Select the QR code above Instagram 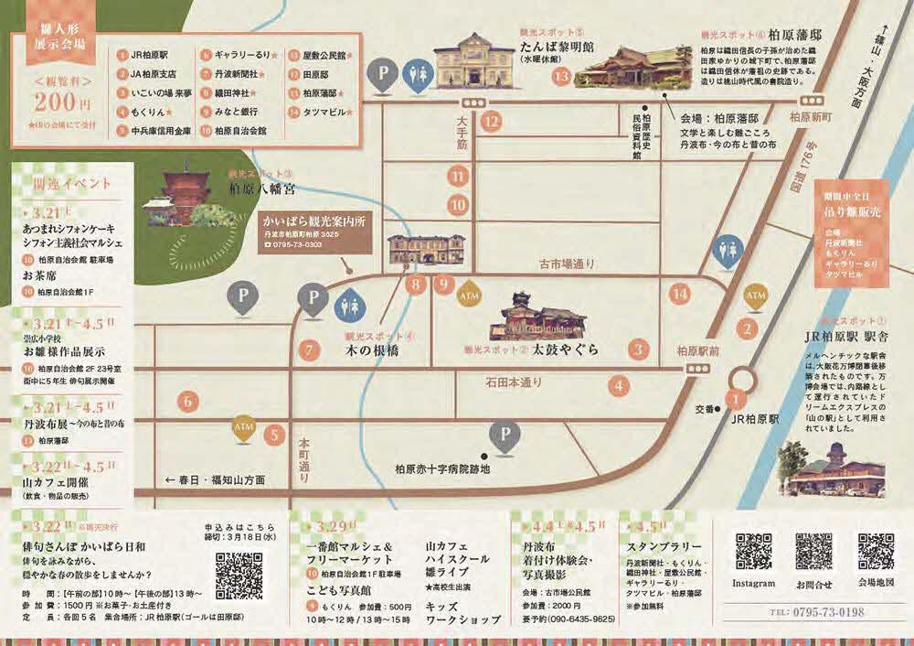754,552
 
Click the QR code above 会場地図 876,552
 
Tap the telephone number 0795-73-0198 818,611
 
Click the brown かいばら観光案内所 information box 313,233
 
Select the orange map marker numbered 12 493,120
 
